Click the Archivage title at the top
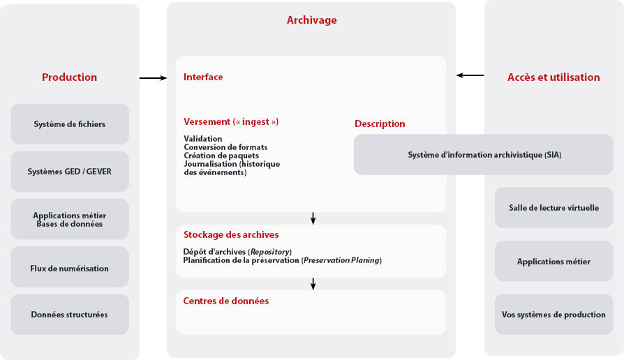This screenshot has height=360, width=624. coord(311,20)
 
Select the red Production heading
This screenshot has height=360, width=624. coord(69,77)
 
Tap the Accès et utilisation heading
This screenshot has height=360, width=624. coord(553,77)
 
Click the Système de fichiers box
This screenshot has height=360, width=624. coord(70,124)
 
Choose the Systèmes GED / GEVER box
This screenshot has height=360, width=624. coord(70,172)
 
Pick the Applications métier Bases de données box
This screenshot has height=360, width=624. coord(70,219)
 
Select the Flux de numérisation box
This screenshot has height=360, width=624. coord(70,267)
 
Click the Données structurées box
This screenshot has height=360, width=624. coord(70,315)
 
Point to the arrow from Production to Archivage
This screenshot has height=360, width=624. coord(153,78)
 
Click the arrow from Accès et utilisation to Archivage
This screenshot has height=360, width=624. coord(470,75)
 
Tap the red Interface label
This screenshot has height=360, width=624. coord(203,77)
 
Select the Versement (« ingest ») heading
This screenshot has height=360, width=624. coord(231,122)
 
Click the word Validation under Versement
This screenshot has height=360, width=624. coord(203,139)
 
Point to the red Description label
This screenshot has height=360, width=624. coord(380,124)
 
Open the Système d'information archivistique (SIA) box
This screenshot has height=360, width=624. coord(484,155)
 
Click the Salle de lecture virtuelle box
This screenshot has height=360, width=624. coord(554,208)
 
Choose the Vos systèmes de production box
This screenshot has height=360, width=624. coord(554,315)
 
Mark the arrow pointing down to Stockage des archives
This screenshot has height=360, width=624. coord(313,218)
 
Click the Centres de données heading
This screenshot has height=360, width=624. coord(226,301)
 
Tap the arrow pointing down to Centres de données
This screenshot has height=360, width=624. coord(313,283)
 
